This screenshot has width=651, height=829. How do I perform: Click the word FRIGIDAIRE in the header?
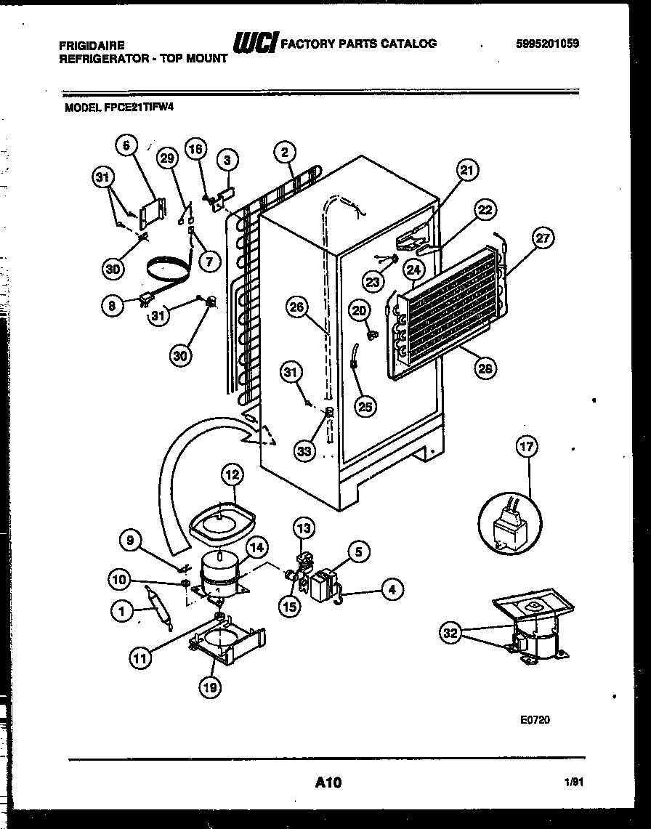(x=91, y=45)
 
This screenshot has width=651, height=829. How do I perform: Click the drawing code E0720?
(x=535, y=720)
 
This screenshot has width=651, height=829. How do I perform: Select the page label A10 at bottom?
(x=328, y=783)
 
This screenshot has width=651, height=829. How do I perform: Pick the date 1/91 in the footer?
(x=574, y=783)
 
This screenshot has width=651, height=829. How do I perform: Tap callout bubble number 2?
(x=285, y=152)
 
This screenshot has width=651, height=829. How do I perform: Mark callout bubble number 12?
(x=231, y=475)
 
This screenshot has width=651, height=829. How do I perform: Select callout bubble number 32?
(x=451, y=633)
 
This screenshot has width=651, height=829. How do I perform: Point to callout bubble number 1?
(x=123, y=612)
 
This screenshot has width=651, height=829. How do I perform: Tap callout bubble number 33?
(x=305, y=450)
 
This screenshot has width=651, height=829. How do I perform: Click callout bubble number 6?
(x=126, y=145)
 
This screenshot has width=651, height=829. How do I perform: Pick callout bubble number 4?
(x=392, y=590)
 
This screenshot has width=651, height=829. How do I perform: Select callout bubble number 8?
(x=112, y=306)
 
